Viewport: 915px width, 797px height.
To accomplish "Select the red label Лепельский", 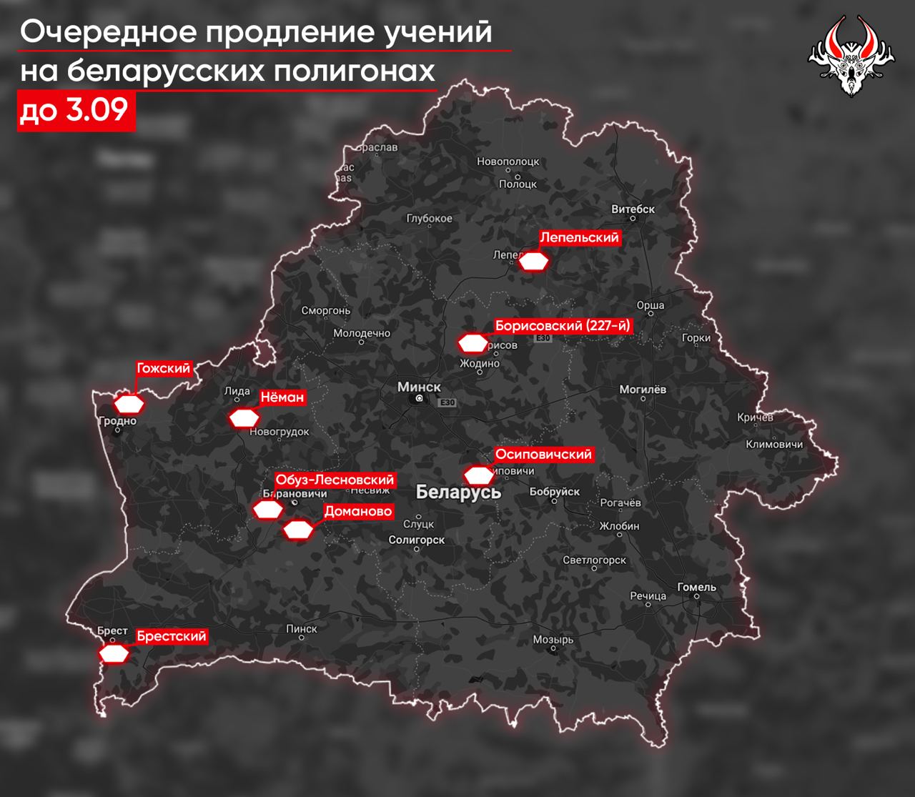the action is (579, 238).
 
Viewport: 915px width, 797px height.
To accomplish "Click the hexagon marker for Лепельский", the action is (533, 262).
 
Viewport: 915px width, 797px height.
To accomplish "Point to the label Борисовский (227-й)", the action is (563, 326).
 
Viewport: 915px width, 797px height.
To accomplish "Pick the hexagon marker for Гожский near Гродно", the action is (130, 404).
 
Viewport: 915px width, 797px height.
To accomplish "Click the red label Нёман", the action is (282, 397).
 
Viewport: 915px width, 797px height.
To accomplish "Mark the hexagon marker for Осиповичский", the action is (479, 475).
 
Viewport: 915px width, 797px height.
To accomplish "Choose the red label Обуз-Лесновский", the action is (335, 480).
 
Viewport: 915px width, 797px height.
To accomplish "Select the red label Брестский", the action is (172, 636).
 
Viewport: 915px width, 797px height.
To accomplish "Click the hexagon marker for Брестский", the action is (114, 654).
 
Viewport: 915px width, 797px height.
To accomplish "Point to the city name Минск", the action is (419, 387).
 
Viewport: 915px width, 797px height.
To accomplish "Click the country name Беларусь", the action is (458, 492).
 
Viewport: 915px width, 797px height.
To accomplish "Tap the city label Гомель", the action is (696, 587).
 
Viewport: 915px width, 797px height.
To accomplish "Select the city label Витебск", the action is (633, 209).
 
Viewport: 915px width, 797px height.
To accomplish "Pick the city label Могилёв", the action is (643, 390).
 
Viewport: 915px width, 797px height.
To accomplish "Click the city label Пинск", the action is (301, 628).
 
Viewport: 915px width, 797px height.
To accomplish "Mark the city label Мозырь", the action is (553, 640).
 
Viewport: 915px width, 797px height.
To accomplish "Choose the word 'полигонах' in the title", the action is (364, 71).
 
